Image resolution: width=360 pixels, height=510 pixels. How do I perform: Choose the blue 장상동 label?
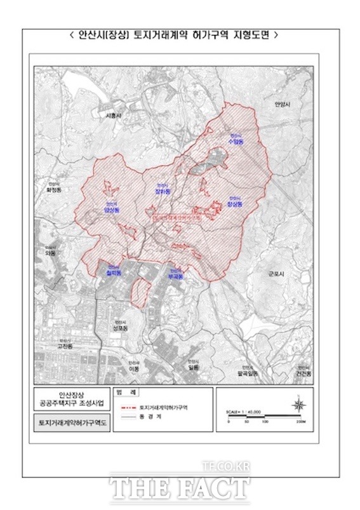point(234,205)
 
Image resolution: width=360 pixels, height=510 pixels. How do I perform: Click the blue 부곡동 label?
point(174,276)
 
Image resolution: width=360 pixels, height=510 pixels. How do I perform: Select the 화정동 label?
point(57,189)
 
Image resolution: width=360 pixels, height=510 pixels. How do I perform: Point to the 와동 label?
point(51,253)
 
